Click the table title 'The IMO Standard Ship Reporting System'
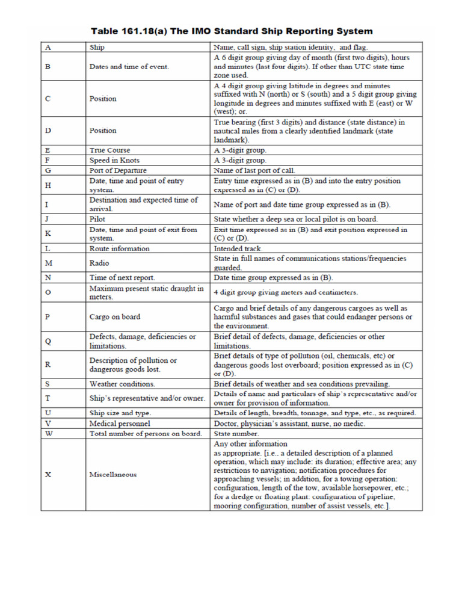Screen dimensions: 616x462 [x=232, y=31]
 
